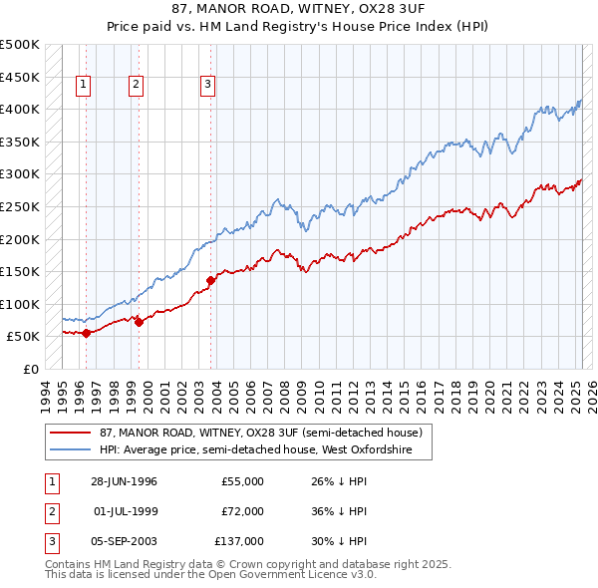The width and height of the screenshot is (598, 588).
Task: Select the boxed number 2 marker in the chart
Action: [x=135, y=86]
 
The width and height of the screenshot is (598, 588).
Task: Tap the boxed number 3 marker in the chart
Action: [x=207, y=86]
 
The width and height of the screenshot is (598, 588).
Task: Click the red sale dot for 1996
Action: [x=87, y=333]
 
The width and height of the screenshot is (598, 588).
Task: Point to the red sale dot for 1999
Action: [x=139, y=322]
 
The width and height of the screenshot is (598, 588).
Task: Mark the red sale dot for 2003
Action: [x=211, y=280]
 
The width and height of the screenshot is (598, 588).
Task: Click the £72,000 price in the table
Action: [x=243, y=511]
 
